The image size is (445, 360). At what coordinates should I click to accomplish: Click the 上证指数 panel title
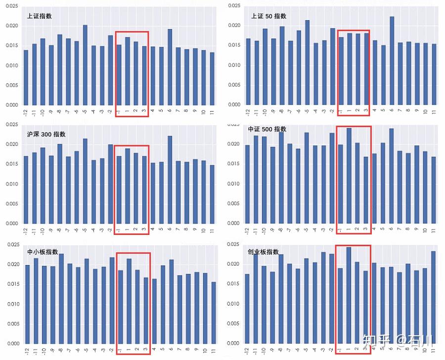[x=40, y=16]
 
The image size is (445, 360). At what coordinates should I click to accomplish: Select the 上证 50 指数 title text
[x=268, y=16]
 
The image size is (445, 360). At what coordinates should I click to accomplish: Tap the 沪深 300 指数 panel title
[x=46, y=134]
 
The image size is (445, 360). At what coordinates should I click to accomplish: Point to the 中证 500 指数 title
[x=267, y=129]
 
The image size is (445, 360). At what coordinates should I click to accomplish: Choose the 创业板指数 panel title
[x=263, y=252]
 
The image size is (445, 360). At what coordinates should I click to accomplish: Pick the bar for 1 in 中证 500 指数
[x=349, y=176]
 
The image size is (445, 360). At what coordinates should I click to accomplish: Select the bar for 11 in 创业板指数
[x=434, y=297]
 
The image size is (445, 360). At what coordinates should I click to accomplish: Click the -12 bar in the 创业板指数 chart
[x=247, y=309]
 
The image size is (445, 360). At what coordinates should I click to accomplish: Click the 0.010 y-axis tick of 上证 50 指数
[x=233, y=65]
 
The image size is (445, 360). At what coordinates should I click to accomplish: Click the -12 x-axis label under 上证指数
[x=26, y=113]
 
